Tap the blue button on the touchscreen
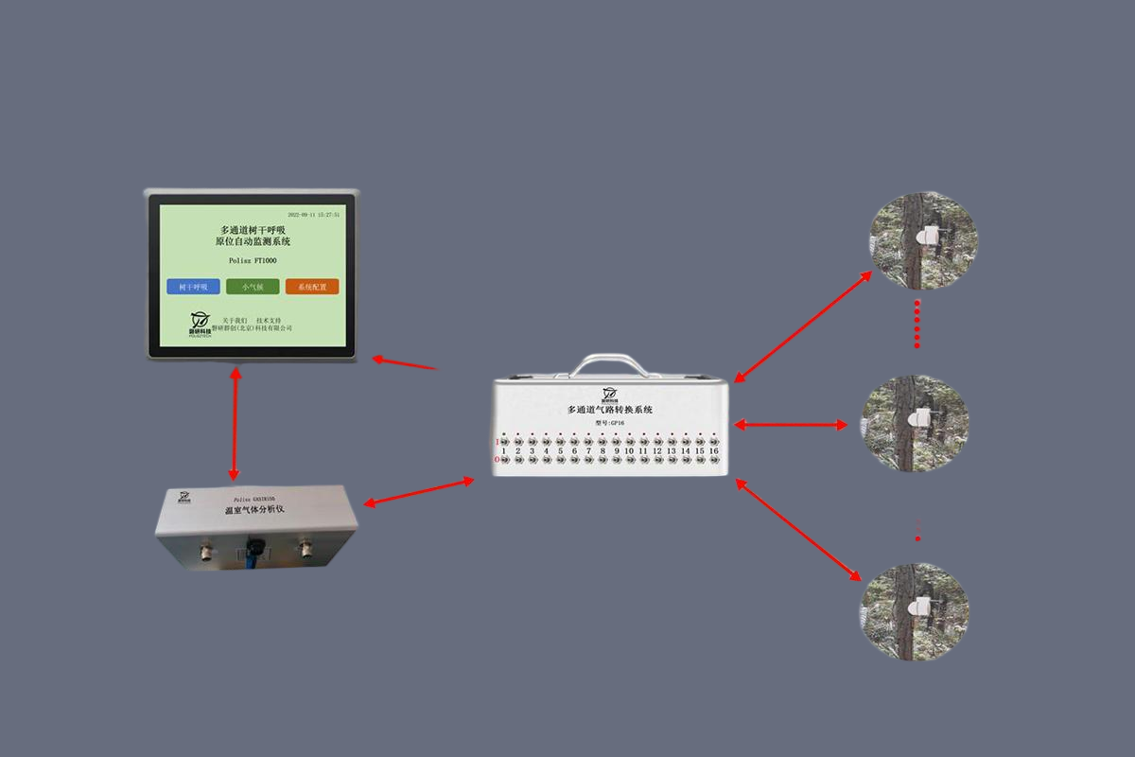193,287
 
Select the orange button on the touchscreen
311,287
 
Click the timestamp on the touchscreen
313,215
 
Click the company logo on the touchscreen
200,322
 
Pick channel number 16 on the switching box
713,451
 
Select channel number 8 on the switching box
602,451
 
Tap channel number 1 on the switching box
504,451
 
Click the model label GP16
610,423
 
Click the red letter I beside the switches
497,442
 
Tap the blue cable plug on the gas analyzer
253,550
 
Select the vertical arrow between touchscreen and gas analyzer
235,423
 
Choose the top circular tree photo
923,240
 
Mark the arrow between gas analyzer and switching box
419,492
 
